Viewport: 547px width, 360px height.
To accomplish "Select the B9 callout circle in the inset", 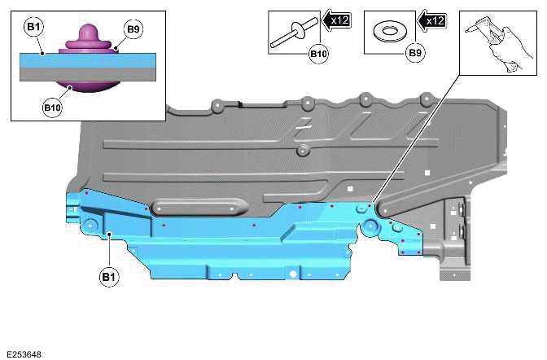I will [133, 30].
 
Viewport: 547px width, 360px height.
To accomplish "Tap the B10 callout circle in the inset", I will [52, 107].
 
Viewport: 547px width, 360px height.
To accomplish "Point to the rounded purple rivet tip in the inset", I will [87, 33].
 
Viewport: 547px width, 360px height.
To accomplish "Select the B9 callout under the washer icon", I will [414, 54].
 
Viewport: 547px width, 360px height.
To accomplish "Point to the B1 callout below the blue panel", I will [108, 277].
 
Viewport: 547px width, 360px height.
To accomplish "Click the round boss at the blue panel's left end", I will [90, 223].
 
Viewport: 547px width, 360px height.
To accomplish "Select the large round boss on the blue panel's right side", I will [370, 226].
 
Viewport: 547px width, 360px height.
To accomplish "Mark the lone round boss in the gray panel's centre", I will [302, 151].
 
